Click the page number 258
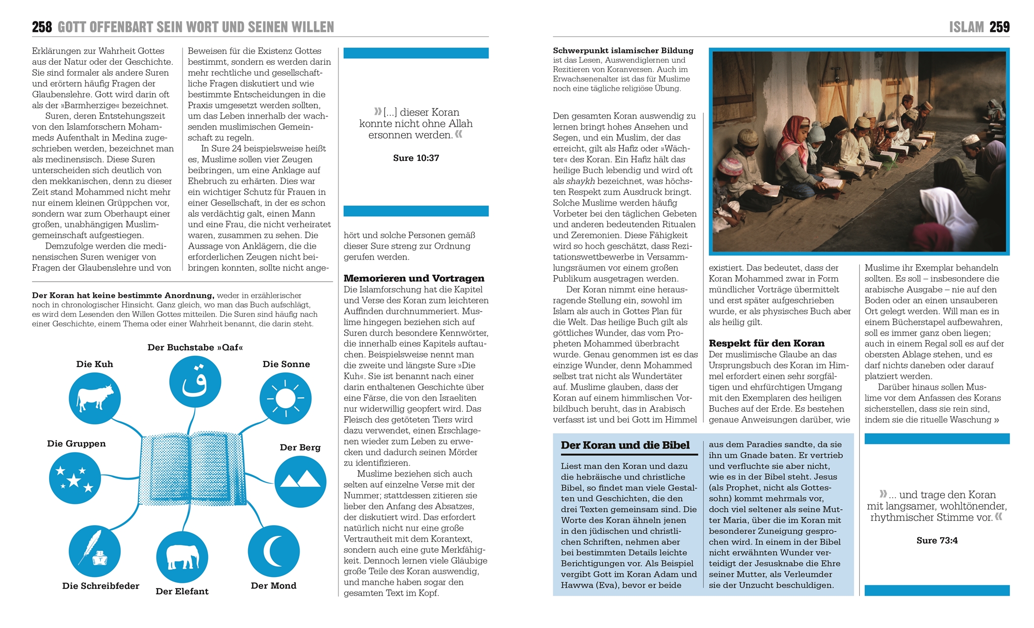click(x=42, y=27)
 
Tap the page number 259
click(x=999, y=27)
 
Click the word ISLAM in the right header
click(x=966, y=27)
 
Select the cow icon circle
click(x=95, y=398)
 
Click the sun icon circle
click(x=285, y=398)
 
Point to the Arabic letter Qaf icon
click(x=195, y=382)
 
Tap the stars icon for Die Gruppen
click(x=75, y=478)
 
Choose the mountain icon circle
click(x=300, y=481)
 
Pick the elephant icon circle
click(x=182, y=557)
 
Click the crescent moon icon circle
click(x=274, y=551)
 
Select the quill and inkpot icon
click(x=95, y=550)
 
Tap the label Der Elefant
click(x=182, y=591)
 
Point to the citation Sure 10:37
click(x=416, y=158)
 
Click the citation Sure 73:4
click(x=937, y=540)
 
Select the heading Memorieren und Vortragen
click(x=414, y=278)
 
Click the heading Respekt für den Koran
click(x=766, y=343)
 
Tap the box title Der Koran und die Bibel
click(x=625, y=445)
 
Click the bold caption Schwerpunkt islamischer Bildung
click(x=623, y=51)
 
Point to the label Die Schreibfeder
click(x=101, y=586)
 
